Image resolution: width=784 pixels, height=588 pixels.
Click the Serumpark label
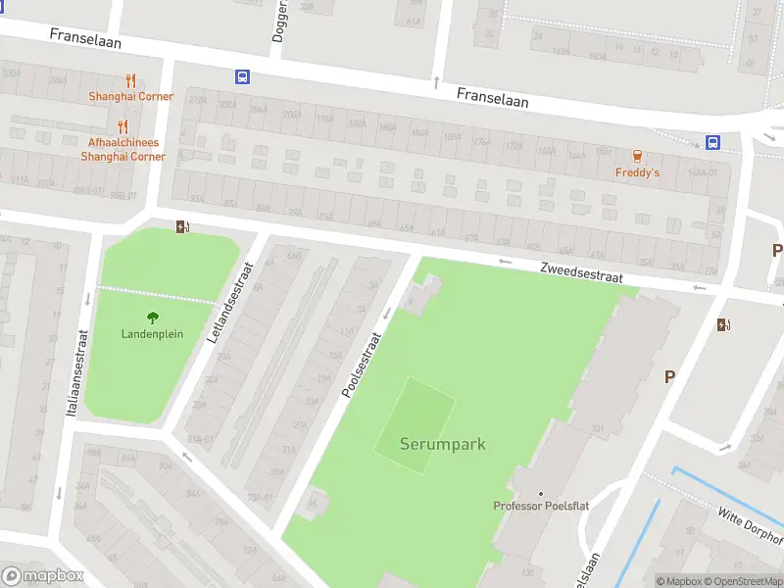[x=442, y=444]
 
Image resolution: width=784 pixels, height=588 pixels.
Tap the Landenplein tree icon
[x=152, y=317]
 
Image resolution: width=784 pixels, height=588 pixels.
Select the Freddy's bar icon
[x=637, y=156]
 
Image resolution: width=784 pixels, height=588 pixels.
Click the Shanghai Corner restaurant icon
[x=130, y=80]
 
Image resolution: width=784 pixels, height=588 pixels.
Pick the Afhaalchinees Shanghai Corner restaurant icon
[x=122, y=125]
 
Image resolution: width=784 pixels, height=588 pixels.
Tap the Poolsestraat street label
[x=361, y=364]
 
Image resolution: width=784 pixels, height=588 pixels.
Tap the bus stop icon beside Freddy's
[x=713, y=142]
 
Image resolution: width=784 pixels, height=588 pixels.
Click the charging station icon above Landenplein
[x=182, y=227]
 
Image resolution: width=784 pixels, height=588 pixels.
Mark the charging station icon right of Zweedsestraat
[x=724, y=325]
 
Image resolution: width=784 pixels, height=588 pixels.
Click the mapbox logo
[x=42, y=576]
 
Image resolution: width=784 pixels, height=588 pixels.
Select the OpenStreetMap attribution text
[x=740, y=581]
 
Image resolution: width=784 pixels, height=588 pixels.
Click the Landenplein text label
[x=152, y=333]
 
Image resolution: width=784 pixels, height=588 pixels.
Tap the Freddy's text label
[x=637, y=172]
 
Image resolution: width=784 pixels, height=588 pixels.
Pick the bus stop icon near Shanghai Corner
[x=241, y=76]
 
